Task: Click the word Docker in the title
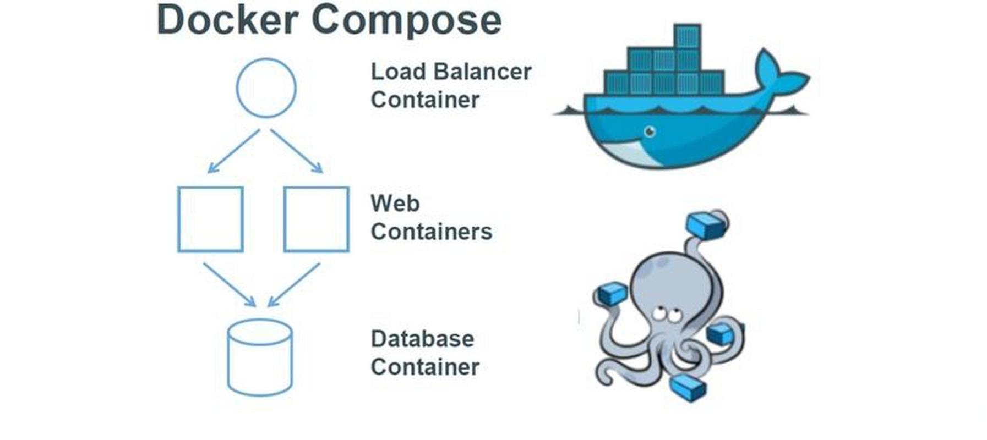pos(227,20)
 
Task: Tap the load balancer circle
pos(266,88)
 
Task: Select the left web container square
pos(210,219)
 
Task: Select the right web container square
pos(316,219)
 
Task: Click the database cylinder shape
pos(260,358)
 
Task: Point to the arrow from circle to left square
pos(234,151)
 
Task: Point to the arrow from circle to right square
pos(297,151)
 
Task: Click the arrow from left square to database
pos(229,284)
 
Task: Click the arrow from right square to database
pos(294,284)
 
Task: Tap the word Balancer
pos(482,71)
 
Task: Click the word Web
pos(395,204)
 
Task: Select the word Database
pos(422,339)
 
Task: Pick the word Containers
pos(431,232)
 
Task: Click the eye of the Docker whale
pos(650,131)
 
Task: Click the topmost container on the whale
pos(686,36)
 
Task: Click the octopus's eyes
pos(668,315)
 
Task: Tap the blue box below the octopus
pos(688,388)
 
